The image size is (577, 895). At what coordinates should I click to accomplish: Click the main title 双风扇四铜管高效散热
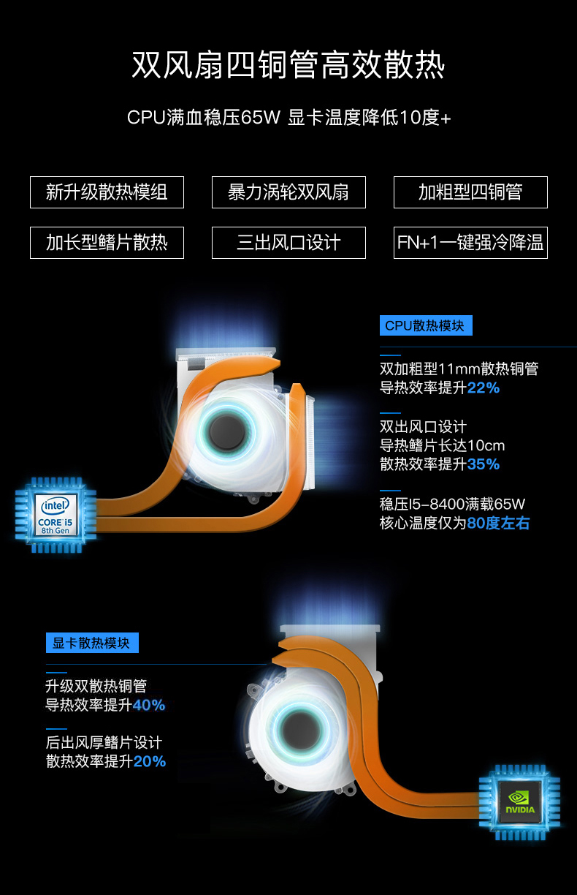click(x=288, y=64)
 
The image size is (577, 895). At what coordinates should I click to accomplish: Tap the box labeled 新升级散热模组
click(x=107, y=192)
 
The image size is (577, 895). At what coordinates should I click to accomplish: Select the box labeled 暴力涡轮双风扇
click(x=288, y=192)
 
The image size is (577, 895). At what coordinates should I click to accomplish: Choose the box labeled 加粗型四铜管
click(x=470, y=192)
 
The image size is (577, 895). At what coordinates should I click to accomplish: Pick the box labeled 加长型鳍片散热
click(x=107, y=243)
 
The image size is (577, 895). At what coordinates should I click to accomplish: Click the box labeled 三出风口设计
click(x=288, y=243)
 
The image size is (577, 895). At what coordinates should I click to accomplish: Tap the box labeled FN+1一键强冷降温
click(x=470, y=243)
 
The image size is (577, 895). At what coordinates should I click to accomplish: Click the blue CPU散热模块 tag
click(x=426, y=325)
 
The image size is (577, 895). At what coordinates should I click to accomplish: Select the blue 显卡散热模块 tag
click(x=92, y=643)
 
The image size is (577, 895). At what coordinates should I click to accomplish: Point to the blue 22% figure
click(x=484, y=388)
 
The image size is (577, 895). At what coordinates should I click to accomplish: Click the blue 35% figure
click(x=484, y=464)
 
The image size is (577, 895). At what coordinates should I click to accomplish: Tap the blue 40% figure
click(x=149, y=705)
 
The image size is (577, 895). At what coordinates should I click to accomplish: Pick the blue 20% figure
click(x=149, y=761)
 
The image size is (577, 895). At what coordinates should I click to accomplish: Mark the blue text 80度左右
click(x=498, y=523)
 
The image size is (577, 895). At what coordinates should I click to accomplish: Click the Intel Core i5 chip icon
click(x=56, y=515)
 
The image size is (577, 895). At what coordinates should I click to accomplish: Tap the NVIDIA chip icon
click(x=519, y=803)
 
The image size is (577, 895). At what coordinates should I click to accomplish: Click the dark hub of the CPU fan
click(x=227, y=432)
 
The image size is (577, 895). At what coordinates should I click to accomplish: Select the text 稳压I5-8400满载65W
click(x=452, y=505)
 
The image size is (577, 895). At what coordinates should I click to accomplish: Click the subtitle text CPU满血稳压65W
click(x=204, y=118)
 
